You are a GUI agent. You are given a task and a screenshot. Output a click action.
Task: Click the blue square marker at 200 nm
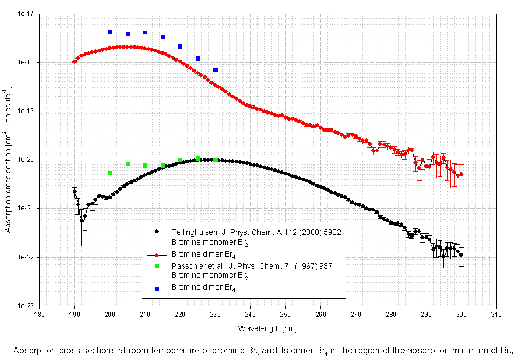coord(110,32)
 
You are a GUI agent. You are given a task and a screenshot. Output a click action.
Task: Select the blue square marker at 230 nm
coord(215,70)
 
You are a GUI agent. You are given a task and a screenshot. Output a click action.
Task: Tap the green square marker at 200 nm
coord(110,173)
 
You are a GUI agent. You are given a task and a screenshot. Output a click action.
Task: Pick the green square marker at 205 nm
coord(127,164)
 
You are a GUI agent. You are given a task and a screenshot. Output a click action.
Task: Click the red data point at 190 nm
coord(75,62)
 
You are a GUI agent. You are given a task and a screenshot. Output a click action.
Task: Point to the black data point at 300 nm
coord(461,255)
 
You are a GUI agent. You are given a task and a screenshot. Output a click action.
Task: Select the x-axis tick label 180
coord(39,315)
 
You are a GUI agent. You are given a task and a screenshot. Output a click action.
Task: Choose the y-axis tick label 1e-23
coord(25,306)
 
